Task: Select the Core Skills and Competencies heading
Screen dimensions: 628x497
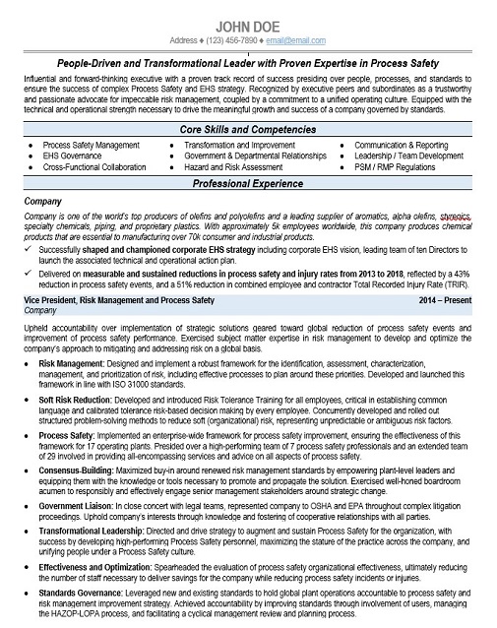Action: [249, 130]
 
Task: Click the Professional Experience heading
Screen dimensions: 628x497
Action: [249, 183]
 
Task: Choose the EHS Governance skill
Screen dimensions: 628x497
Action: [74, 156]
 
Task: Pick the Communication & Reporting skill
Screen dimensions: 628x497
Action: [401, 145]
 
